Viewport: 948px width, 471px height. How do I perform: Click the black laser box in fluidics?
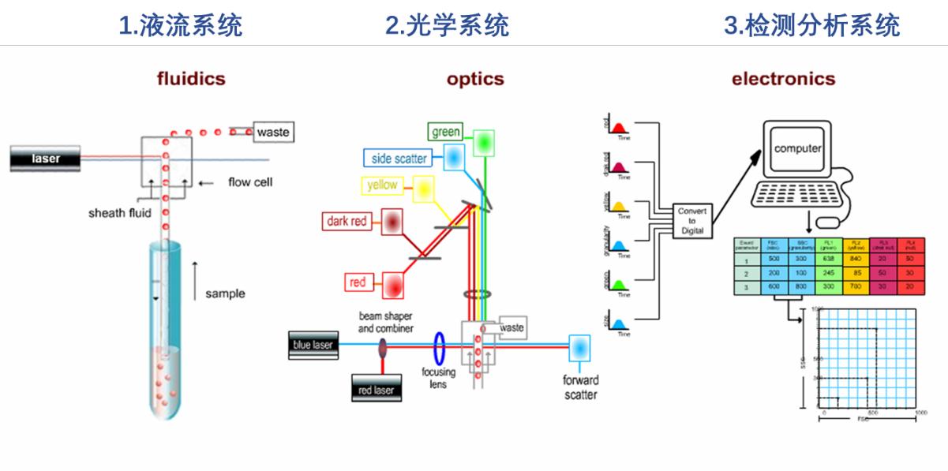tap(46, 159)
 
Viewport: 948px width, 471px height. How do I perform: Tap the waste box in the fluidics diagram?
tap(272, 132)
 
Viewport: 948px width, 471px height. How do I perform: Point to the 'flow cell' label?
tap(250, 182)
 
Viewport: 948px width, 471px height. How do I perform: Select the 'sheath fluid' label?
tap(119, 213)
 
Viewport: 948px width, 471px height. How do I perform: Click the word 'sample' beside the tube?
tap(225, 293)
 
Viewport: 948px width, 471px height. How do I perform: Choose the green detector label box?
tap(446, 132)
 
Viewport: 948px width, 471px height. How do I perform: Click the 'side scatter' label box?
tap(399, 159)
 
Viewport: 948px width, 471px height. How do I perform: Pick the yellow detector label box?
tap(381, 185)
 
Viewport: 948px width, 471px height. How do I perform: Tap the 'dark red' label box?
tap(347, 222)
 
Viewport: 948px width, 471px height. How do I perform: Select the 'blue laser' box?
tap(313, 345)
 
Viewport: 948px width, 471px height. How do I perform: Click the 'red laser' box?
tap(376, 390)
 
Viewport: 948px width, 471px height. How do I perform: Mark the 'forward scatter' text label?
tap(580, 387)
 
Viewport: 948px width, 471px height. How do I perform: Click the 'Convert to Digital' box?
tap(692, 221)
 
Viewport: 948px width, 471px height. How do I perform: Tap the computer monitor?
tap(797, 148)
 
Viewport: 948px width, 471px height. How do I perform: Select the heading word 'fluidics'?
tap(191, 79)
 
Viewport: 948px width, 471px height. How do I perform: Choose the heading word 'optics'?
tap(475, 79)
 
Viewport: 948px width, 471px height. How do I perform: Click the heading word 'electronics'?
tap(783, 79)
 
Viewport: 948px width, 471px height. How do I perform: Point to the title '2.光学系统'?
tap(447, 26)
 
